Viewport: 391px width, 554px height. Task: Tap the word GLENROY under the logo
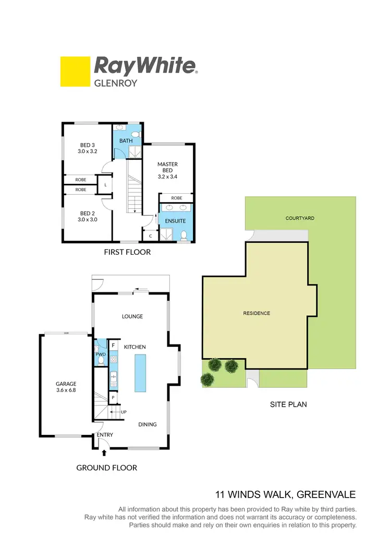[x=115, y=82]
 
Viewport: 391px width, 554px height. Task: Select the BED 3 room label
[x=88, y=148]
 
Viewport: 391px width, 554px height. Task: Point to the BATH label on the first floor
[x=126, y=141]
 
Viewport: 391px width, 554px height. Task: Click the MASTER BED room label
[x=168, y=170]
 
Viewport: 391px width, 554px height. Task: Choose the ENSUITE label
[x=176, y=221]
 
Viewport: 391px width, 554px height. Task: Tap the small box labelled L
[x=106, y=185]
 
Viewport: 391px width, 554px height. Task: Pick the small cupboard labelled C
[x=150, y=236]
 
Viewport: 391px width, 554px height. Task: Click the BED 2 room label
[x=88, y=216]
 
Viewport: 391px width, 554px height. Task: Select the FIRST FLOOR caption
[x=128, y=252]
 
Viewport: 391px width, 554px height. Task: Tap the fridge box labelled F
[x=113, y=345]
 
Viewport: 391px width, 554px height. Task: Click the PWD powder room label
[x=100, y=355]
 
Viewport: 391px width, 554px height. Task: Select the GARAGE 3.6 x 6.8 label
[x=66, y=387]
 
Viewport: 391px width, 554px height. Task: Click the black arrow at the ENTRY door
[x=104, y=453]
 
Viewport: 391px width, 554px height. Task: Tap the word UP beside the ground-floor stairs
[x=124, y=412]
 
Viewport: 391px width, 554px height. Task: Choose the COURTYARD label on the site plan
[x=300, y=218]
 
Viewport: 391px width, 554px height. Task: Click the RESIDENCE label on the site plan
[x=256, y=313]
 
